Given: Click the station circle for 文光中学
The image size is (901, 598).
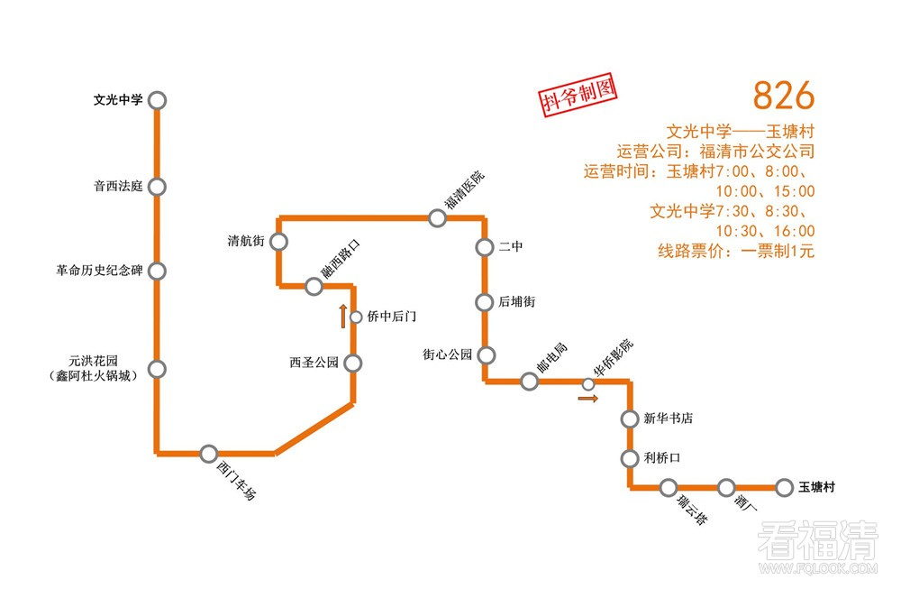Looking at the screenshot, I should [x=157, y=101].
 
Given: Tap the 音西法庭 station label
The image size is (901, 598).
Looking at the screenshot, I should [x=118, y=188].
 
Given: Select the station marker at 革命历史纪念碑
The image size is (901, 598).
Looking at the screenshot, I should [x=157, y=271].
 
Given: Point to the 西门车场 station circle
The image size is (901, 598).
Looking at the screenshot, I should [x=209, y=454].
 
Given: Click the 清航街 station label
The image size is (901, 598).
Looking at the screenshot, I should [x=245, y=242].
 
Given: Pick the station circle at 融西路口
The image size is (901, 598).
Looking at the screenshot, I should [x=314, y=287].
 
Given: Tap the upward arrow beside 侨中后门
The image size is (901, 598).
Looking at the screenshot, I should [x=342, y=317].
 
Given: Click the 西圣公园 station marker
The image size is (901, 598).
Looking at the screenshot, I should [x=352, y=363].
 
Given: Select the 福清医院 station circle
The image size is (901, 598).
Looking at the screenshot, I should [x=438, y=217].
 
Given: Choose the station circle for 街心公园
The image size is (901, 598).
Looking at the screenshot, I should [x=487, y=354].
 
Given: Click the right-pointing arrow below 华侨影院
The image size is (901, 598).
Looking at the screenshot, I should [x=588, y=398].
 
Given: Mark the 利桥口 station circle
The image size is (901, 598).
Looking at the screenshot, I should [x=630, y=458].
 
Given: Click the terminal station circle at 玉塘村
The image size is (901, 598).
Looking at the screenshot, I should [x=783, y=488].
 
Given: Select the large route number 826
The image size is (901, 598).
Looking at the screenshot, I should [x=783, y=95].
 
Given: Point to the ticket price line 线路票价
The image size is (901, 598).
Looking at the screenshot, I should [x=735, y=252].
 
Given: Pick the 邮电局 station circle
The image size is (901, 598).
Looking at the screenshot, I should [x=530, y=382].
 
